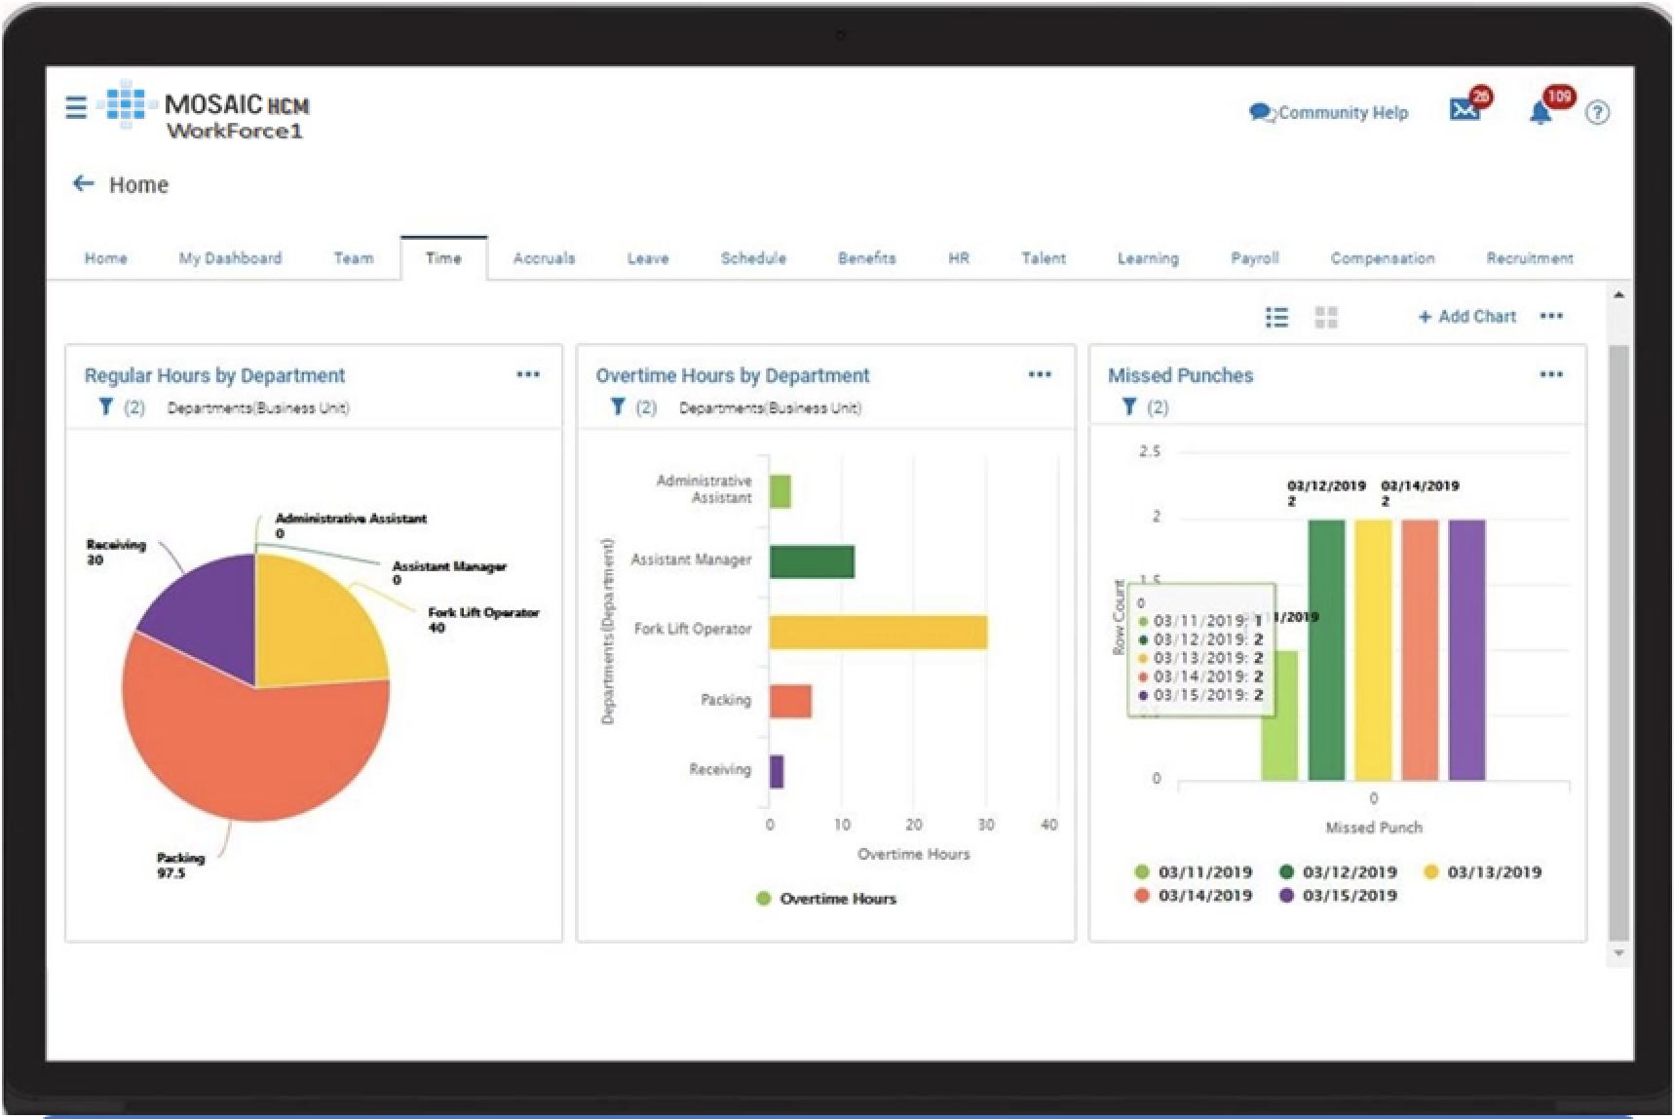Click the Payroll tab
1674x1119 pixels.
(1254, 258)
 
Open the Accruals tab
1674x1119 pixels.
(544, 258)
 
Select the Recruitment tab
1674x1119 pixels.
(1529, 258)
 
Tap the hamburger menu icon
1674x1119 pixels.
(76, 106)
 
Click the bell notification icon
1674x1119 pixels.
(1541, 113)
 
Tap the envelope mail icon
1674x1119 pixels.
(1464, 110)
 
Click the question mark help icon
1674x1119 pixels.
(1597, 113)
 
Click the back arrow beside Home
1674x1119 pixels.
(84, 183)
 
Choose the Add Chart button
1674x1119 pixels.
(1466, 317)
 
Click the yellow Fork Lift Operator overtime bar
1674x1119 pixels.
(877, 632)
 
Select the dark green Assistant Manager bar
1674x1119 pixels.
(811, 561)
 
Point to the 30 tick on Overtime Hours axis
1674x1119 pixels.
(986, 825)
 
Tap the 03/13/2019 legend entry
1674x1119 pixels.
(1483, 872)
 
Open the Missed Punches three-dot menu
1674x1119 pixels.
(1550, 374)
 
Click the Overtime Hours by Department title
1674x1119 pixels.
(732, 375)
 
